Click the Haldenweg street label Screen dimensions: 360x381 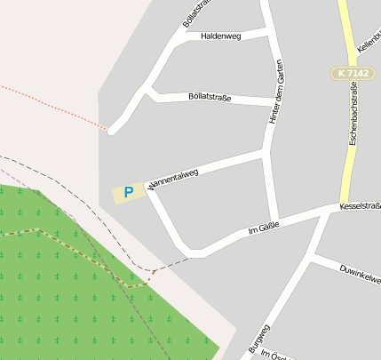point(221,36)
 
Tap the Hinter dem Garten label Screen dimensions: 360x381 point(277,98)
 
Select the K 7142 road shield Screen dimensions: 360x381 point(353,73)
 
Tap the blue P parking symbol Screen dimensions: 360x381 point(129,191)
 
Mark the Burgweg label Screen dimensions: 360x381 point(259,339)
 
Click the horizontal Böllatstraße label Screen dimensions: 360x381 point(210,97)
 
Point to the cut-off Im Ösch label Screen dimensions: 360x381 point(270,354)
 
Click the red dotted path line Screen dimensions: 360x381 point(53,107)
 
